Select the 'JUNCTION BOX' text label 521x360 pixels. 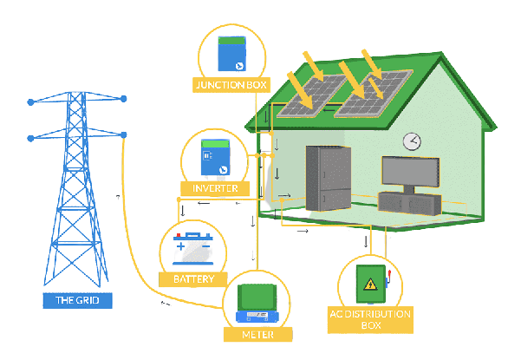[x=231, y=84]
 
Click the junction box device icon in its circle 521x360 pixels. [x=231, y=53]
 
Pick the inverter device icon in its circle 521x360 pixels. [x=214, y=157]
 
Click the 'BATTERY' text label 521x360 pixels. [x=192, y=279]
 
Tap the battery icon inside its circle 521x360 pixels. [x=192, y=250]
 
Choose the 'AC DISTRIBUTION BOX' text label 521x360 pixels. [x=370, y=318]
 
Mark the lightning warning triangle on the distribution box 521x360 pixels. [x=370, y=284]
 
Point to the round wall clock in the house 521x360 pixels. [x=412, y=141]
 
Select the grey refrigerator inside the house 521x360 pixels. [x=328, y=178]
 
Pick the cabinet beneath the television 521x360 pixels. [x=409, y=204]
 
